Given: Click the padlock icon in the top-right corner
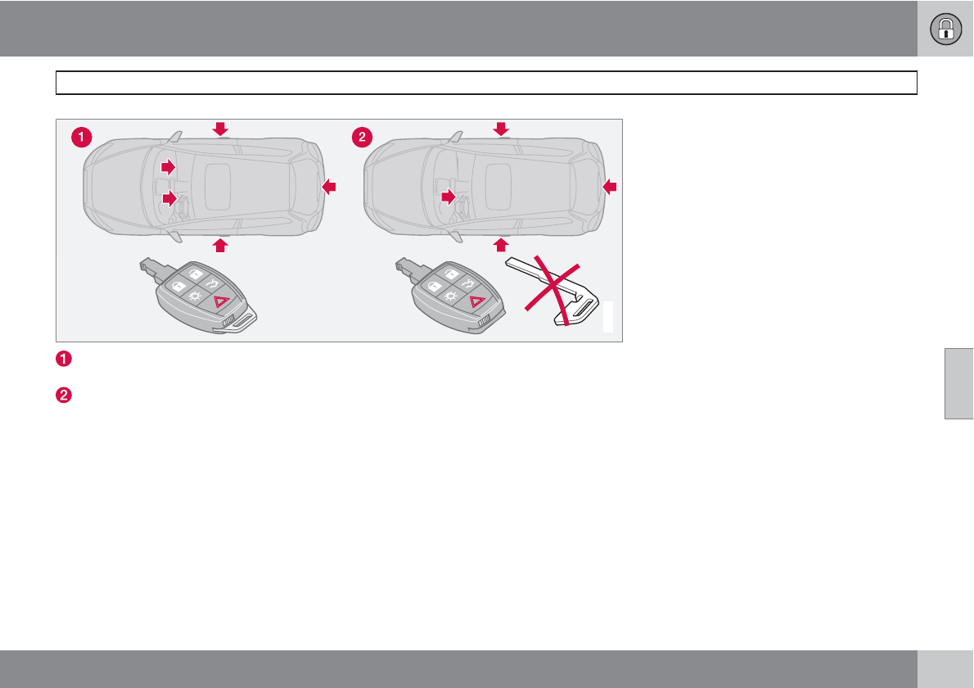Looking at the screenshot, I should (x=945, y=29).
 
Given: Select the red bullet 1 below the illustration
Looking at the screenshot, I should (x=64, y=359).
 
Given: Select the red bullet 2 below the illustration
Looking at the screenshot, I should (x=64, y=395).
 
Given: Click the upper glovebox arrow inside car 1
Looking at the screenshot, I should (x=168, y=167).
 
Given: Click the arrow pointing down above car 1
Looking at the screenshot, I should (x=220, y=128).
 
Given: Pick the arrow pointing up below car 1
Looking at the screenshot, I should (x=220, y=244).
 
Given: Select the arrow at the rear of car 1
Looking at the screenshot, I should (x=329, y=188).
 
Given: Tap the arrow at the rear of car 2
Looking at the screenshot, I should (x=609, y=188).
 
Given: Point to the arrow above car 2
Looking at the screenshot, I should (x=501, y=128).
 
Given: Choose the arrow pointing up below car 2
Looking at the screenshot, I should (x=501, y=244).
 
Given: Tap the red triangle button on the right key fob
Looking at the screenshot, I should (x=477, y=302).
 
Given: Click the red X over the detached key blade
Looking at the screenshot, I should (x=552, y=290).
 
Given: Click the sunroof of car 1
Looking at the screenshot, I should (x=218, y=184).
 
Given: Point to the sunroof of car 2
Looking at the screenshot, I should (x=498, y=184).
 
